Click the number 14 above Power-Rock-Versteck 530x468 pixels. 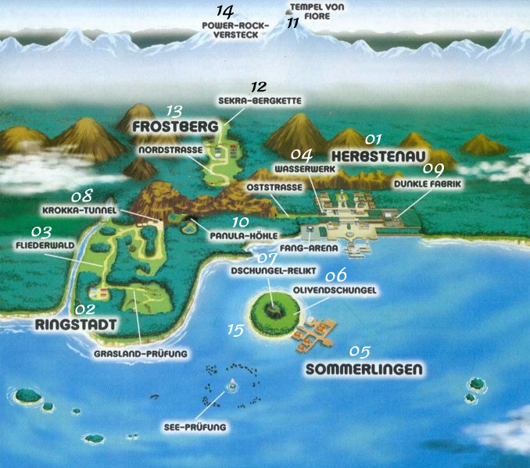click(224, 13)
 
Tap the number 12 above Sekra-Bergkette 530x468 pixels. click(259, 88)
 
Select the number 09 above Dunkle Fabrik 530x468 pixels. click(433, 169)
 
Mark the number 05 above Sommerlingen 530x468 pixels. click(360, 351)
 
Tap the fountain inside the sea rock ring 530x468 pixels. click(231, 384)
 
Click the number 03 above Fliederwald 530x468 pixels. click(41, 231)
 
